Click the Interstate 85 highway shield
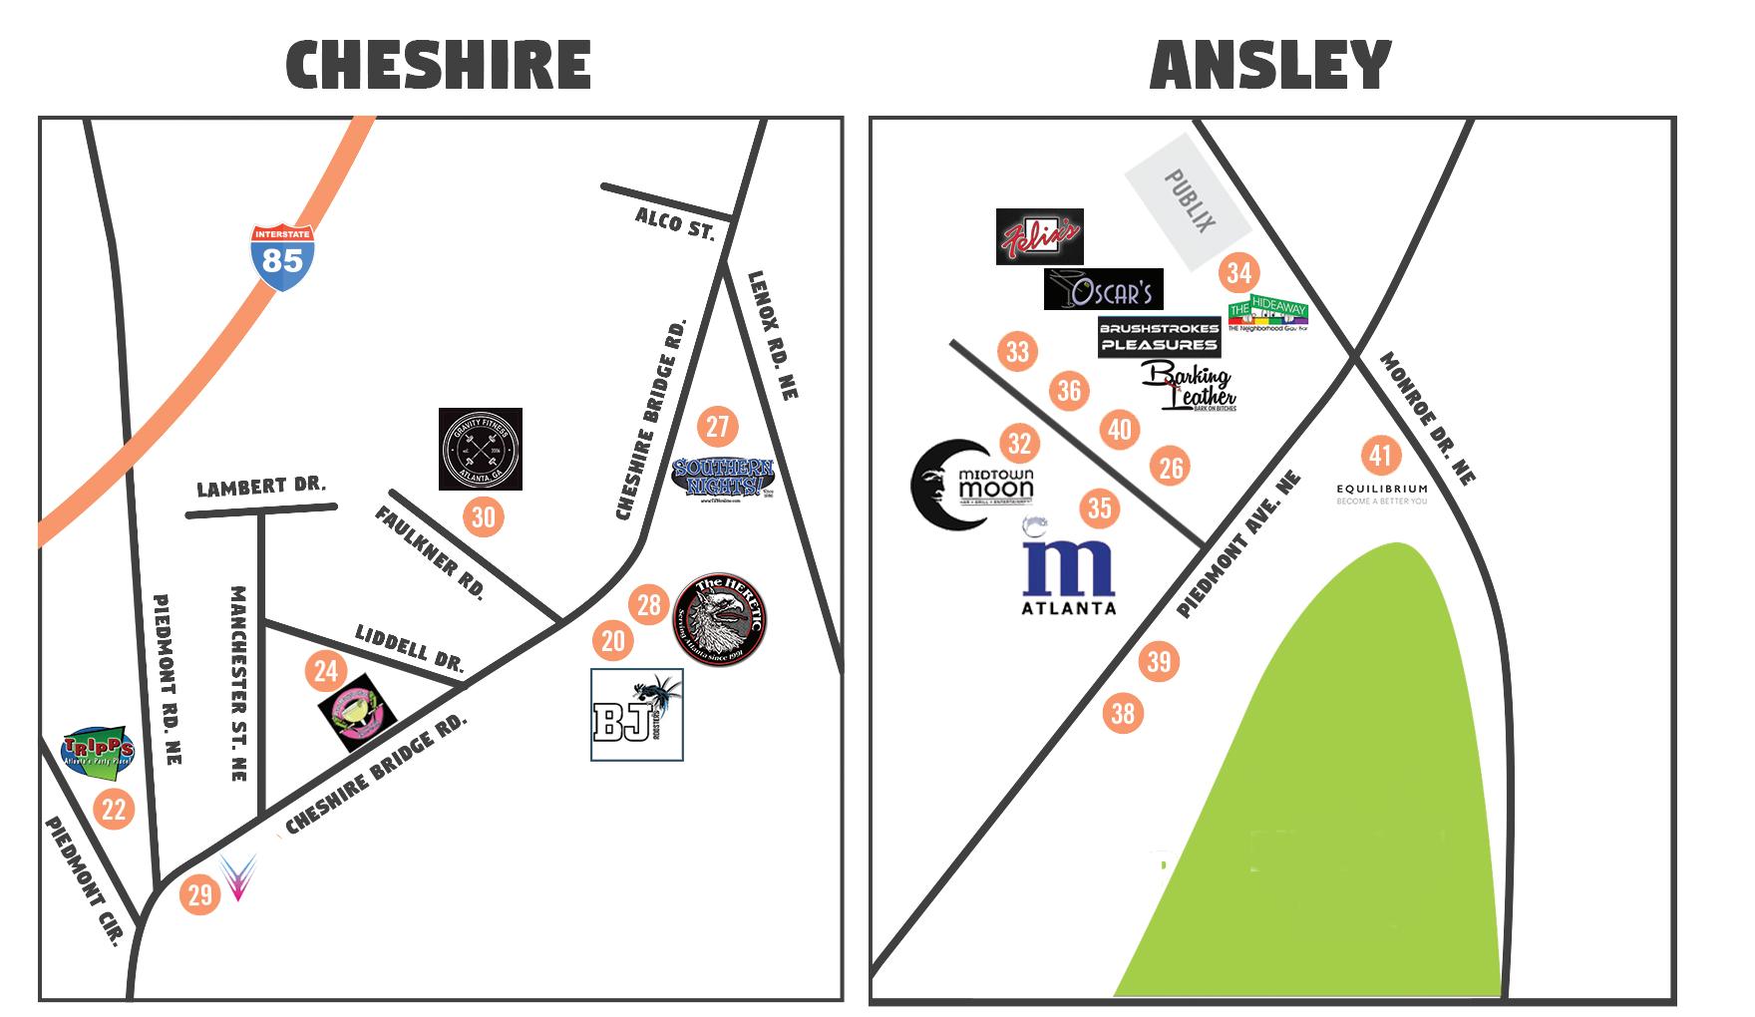(x=283, y=256)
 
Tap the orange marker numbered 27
(x=717, y=427)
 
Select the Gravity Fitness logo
(x=481, y=449)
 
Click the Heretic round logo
(x=721, y=618)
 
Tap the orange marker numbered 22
(x=114, y=808)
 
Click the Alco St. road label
(x=675, y=223)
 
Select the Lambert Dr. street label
(x=261, y=488)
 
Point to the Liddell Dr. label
(x=410, y=647)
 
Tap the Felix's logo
(x=1039, y=236)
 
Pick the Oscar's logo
(x=1103, y=289)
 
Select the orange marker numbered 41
(x=1381, y=456)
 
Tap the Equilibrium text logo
(x=1382, y=494)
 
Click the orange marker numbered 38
(x=1123, y=713)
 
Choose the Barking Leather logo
(x=1189, y=387)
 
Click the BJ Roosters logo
(x=636, y=715)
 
